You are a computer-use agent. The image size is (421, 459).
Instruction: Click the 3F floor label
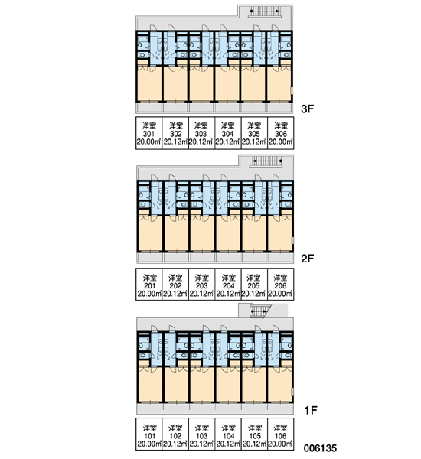pyautogui.click(x=307, y=109)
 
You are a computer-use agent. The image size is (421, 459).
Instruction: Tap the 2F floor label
pyautogui.click(x=307, y=259)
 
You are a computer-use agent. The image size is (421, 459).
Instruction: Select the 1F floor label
pyautogui.click(x=311, y=410)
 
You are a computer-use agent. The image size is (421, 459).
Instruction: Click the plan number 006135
pyautogui.click(x=320, y=448)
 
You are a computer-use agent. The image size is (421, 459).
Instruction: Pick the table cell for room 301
pyautogui.click(x=149, y=133)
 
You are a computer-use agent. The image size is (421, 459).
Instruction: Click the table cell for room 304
pyautogui.click(x=228, y=133)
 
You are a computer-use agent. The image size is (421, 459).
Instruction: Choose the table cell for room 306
pyautogui.click(x=281, y=133)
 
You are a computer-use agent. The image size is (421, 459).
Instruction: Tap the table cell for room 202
pyautogui.click(x=175, y=285)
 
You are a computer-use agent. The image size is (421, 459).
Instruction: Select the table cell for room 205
pyautogui.click(x=254, y=285)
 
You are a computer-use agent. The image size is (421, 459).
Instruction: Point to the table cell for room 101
pyautogui.click(x=149, y=435)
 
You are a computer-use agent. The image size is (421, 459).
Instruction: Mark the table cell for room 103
pyautogui.click(x=202, y=435)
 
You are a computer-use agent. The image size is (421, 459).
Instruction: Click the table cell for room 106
pyautogui.click(x=281, y=435)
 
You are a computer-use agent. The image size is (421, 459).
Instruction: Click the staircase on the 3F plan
pyautogui.click(x=265, y=11)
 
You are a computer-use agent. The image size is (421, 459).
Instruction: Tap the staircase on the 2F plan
pyautogui.click(x=266, y=161)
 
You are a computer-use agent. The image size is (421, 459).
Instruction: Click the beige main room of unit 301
pyautogui.click(x=149, y=83)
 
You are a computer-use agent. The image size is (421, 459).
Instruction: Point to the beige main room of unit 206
pyautogui.click(x=280, y=233)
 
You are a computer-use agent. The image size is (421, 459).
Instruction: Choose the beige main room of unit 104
pyautogui.click(x=229, y=384)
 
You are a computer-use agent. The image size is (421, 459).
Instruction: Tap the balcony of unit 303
pyautogui.click(x=201, y=108)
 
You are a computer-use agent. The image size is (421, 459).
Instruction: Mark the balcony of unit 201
pyautogui.click(x=150, y=258)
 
